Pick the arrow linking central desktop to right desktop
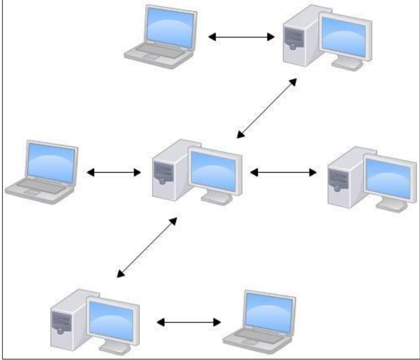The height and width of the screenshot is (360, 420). click(x=283, y=172)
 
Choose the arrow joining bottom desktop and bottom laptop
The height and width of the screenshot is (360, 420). click(x=189, y=322)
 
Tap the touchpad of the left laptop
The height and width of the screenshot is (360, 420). click(x=32, y=193)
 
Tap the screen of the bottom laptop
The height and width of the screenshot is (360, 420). click(x=269, y=309)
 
